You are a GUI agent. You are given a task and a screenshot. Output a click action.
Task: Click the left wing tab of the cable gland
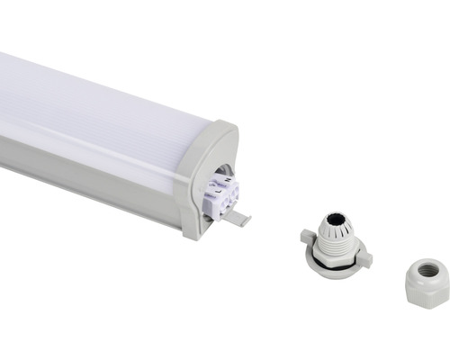coord(308,237)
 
